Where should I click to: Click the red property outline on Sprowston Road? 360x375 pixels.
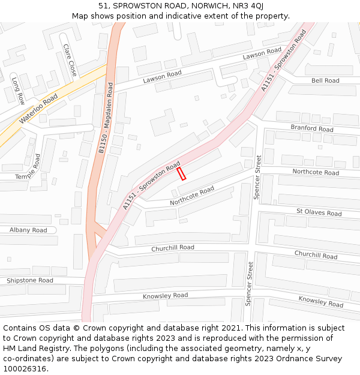pyautogui.click(x=181, y=174)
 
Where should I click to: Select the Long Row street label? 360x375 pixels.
pyautogui.click(x=18, y=90)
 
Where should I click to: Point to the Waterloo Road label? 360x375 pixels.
pyautogui.click(x=38, y=109)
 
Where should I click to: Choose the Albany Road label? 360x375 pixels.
pyautogui.click(x=28, y=230)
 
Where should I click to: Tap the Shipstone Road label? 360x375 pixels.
pyautogui.click(x=30, y=280)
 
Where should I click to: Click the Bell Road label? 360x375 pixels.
pyautogui.click(x=325, y=80)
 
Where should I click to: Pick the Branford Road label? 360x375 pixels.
pyautogui.click(x=312, y=128)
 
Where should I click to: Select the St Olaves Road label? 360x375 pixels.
pyautogui.click(x=319, y=213)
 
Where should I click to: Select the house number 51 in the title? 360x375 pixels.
pyautogui.click(x=103, y=5)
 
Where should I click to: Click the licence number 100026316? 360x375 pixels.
pyautogui.click(x=26, y=369)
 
